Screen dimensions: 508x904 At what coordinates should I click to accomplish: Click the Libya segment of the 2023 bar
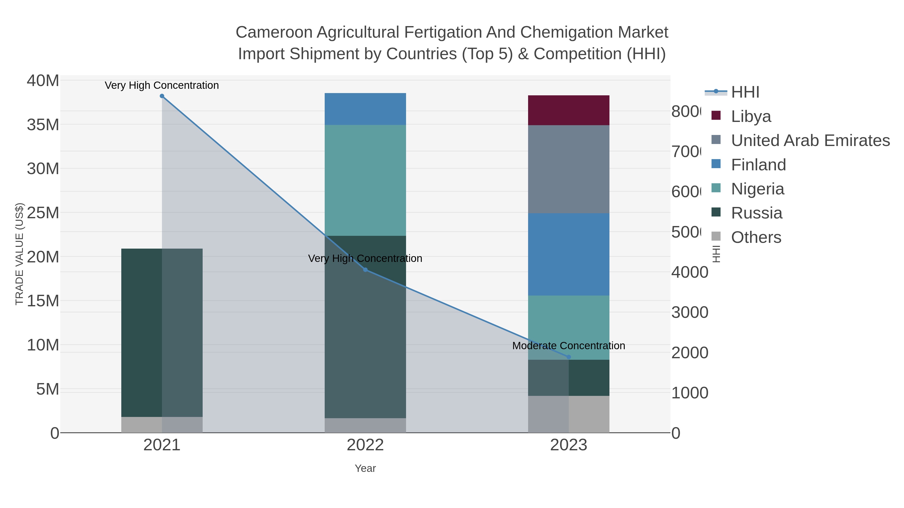[569, 110]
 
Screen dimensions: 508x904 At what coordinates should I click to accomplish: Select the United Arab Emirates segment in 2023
[569, 169]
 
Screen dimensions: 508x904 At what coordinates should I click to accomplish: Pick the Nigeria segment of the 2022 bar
[365, 180]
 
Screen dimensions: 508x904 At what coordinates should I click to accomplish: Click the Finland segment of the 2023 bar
[569, 254]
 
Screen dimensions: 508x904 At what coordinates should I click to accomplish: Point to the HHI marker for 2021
[162, 96]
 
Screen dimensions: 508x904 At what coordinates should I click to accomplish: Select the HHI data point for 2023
[569, 357]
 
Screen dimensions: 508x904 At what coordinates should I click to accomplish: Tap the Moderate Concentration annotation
[569, 346]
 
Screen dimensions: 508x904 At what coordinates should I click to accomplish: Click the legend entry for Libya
[751, 116]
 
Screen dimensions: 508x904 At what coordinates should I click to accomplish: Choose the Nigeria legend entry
[757, 189]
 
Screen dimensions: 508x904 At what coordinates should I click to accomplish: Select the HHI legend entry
[745, 92]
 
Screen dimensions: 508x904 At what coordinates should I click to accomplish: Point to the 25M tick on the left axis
[43, 213]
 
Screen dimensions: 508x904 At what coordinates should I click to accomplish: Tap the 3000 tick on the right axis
[690, 312]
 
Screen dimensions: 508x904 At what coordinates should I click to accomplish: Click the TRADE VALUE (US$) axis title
[19, 254]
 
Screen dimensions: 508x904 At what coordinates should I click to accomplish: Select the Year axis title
[365, 468]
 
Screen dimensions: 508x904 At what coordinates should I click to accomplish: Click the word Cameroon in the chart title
[274, 32]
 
